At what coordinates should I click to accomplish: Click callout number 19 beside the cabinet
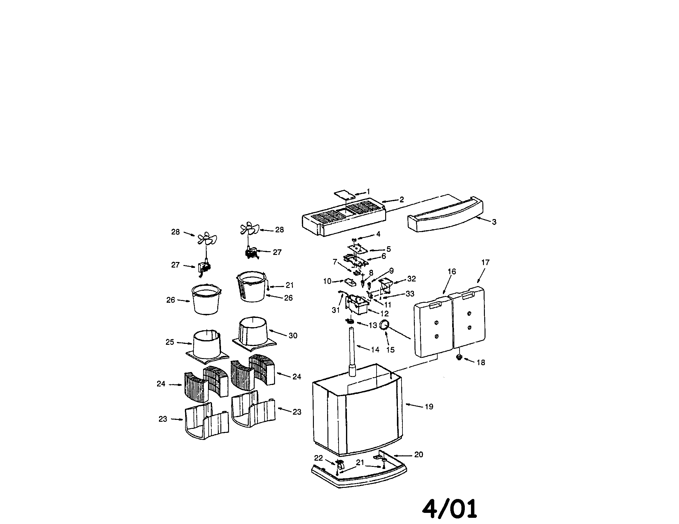coord(429,407)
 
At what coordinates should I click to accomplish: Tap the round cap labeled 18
coord(459,357)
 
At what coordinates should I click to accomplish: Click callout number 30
coord(293,336)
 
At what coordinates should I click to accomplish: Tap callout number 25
coord(170,342)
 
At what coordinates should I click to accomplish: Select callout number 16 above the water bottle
coord(452,272)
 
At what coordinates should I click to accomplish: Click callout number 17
coord(485,262)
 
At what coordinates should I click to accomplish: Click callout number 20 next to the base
coord(419,454)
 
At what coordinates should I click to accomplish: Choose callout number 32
coord(411,279)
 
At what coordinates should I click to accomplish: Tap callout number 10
coord(327,281)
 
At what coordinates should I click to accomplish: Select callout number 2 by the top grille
coord(402,200)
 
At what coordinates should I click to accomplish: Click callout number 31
coord(336,310)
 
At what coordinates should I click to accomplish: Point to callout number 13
coord(373,325)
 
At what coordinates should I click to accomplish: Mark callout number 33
coord(410,294)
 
